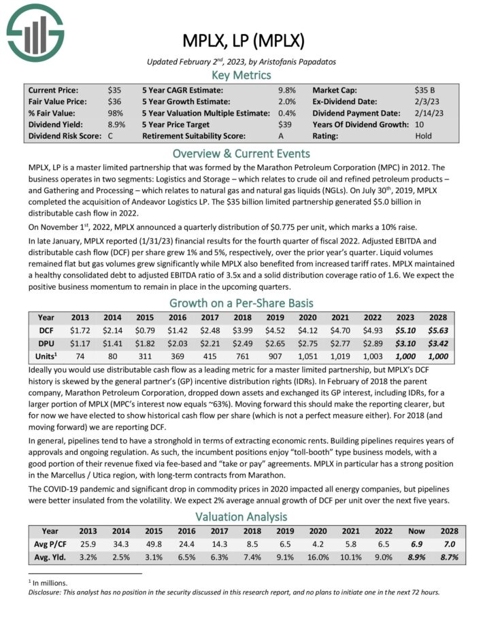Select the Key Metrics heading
tap(241, 75)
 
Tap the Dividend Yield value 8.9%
tap(116, 124)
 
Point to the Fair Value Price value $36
tap(114, 101)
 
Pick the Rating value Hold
tap(423, 135)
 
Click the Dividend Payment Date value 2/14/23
tap(429, 113)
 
